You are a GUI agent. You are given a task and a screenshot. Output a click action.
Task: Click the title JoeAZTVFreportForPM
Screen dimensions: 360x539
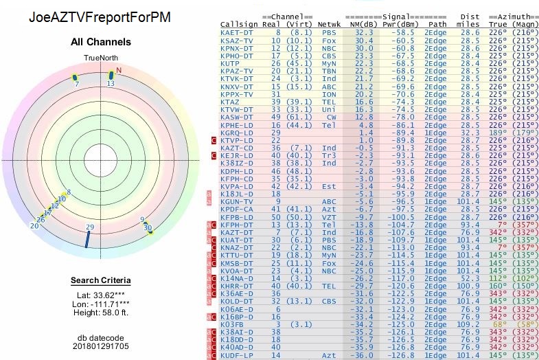(x=100, y=16)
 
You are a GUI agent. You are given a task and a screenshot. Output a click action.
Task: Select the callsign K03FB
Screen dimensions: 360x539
(x=233, y=323)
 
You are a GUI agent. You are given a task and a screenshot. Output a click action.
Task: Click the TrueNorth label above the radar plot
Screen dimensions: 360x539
(x=101, y=58)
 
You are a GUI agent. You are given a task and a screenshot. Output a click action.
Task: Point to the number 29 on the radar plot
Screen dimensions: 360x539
(x=89, y=227)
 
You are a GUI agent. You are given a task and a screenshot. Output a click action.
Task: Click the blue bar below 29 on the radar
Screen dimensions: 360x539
(x=87, y=239)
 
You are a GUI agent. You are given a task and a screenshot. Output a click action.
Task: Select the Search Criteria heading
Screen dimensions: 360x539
(x=101, y=280)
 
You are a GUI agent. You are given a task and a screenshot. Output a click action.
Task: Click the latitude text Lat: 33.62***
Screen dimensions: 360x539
(x=101, y=295)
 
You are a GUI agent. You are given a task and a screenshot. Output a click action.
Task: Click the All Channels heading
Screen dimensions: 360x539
(x=101, y=42)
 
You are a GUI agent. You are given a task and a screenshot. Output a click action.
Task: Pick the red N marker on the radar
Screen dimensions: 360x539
(x=119, y=70)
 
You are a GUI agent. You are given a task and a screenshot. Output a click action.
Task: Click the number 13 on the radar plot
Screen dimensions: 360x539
(x=110, y=83)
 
